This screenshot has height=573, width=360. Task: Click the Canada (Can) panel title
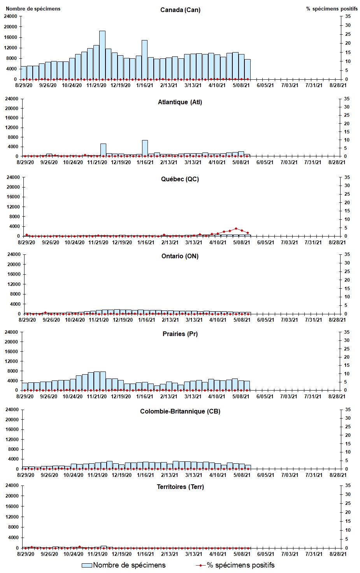180,10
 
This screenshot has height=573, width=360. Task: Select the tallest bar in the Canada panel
102,55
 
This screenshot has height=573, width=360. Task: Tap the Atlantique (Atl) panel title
180,102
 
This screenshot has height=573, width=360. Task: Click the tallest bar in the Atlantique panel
145,148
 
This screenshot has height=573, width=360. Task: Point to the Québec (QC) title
180,179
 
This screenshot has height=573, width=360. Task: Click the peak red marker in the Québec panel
236,229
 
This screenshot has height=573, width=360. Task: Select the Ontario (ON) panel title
180,256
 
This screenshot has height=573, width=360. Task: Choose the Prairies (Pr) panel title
180,334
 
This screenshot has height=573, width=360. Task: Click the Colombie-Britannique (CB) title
180,412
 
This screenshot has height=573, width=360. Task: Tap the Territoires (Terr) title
180,487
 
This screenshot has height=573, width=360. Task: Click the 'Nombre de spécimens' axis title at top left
33,9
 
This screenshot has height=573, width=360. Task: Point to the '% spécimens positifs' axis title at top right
332,9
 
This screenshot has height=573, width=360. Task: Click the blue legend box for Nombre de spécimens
87,565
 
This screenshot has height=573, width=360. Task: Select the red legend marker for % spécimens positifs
200,565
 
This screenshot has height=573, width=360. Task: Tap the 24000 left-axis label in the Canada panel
11,16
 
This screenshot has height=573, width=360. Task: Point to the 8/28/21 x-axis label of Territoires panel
337,554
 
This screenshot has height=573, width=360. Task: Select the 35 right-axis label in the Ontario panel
347,255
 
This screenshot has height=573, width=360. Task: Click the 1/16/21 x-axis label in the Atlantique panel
145,163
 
